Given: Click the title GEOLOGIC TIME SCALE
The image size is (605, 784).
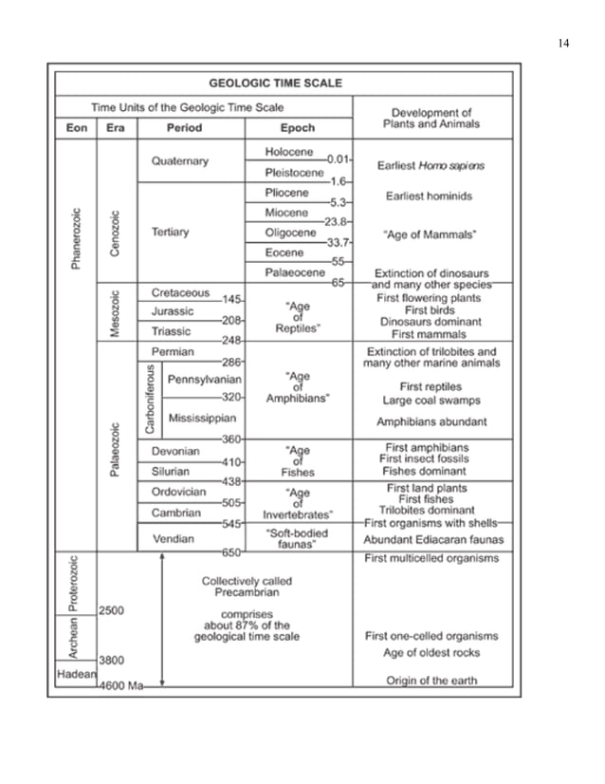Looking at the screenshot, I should pyautogui.click(x=282, y=83).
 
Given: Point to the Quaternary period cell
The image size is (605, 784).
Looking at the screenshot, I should pyautogui.click(x=179, y=161).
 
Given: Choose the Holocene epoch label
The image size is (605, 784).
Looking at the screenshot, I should pyautogui.click(x=289, y=152).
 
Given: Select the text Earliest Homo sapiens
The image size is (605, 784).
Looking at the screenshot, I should pyautogui.click(x=431, y=165).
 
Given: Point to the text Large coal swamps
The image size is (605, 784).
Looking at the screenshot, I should pyautogui.click(x=431, y=401).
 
